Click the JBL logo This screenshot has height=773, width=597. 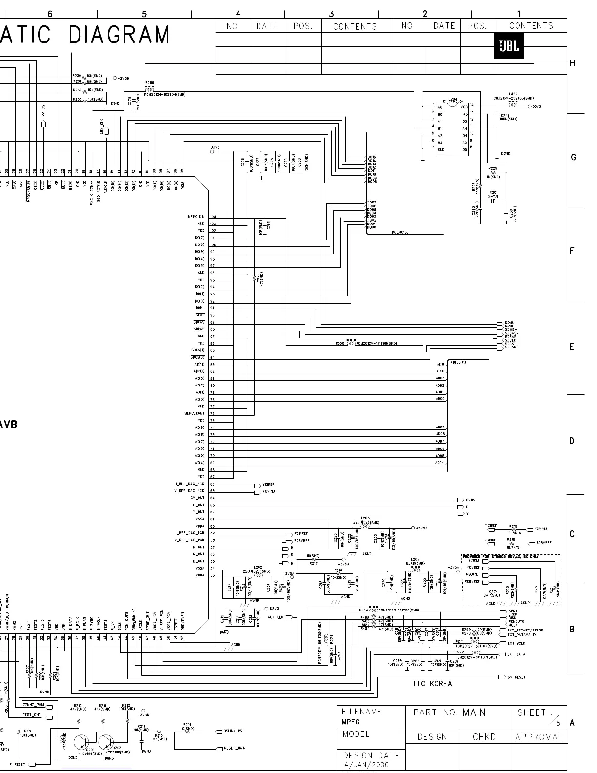[509, 47]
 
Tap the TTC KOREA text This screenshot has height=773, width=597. [432, 683]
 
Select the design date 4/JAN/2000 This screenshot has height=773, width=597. [366, 764]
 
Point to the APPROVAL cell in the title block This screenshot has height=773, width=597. [539, 737]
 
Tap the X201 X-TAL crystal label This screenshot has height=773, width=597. [494, 194]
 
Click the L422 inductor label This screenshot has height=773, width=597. [513, 94]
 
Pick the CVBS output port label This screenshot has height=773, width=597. [470, 500]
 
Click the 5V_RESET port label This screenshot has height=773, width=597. [517, 677]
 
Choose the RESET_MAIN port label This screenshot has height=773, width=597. [234, 748]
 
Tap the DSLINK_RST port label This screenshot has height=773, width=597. [234, 731]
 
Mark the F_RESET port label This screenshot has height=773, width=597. [18, 764]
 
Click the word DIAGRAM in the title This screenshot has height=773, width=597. [119, 35]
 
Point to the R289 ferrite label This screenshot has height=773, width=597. [149, 83]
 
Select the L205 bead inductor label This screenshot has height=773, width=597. [415, 559]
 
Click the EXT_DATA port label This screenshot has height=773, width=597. [516, 654]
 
